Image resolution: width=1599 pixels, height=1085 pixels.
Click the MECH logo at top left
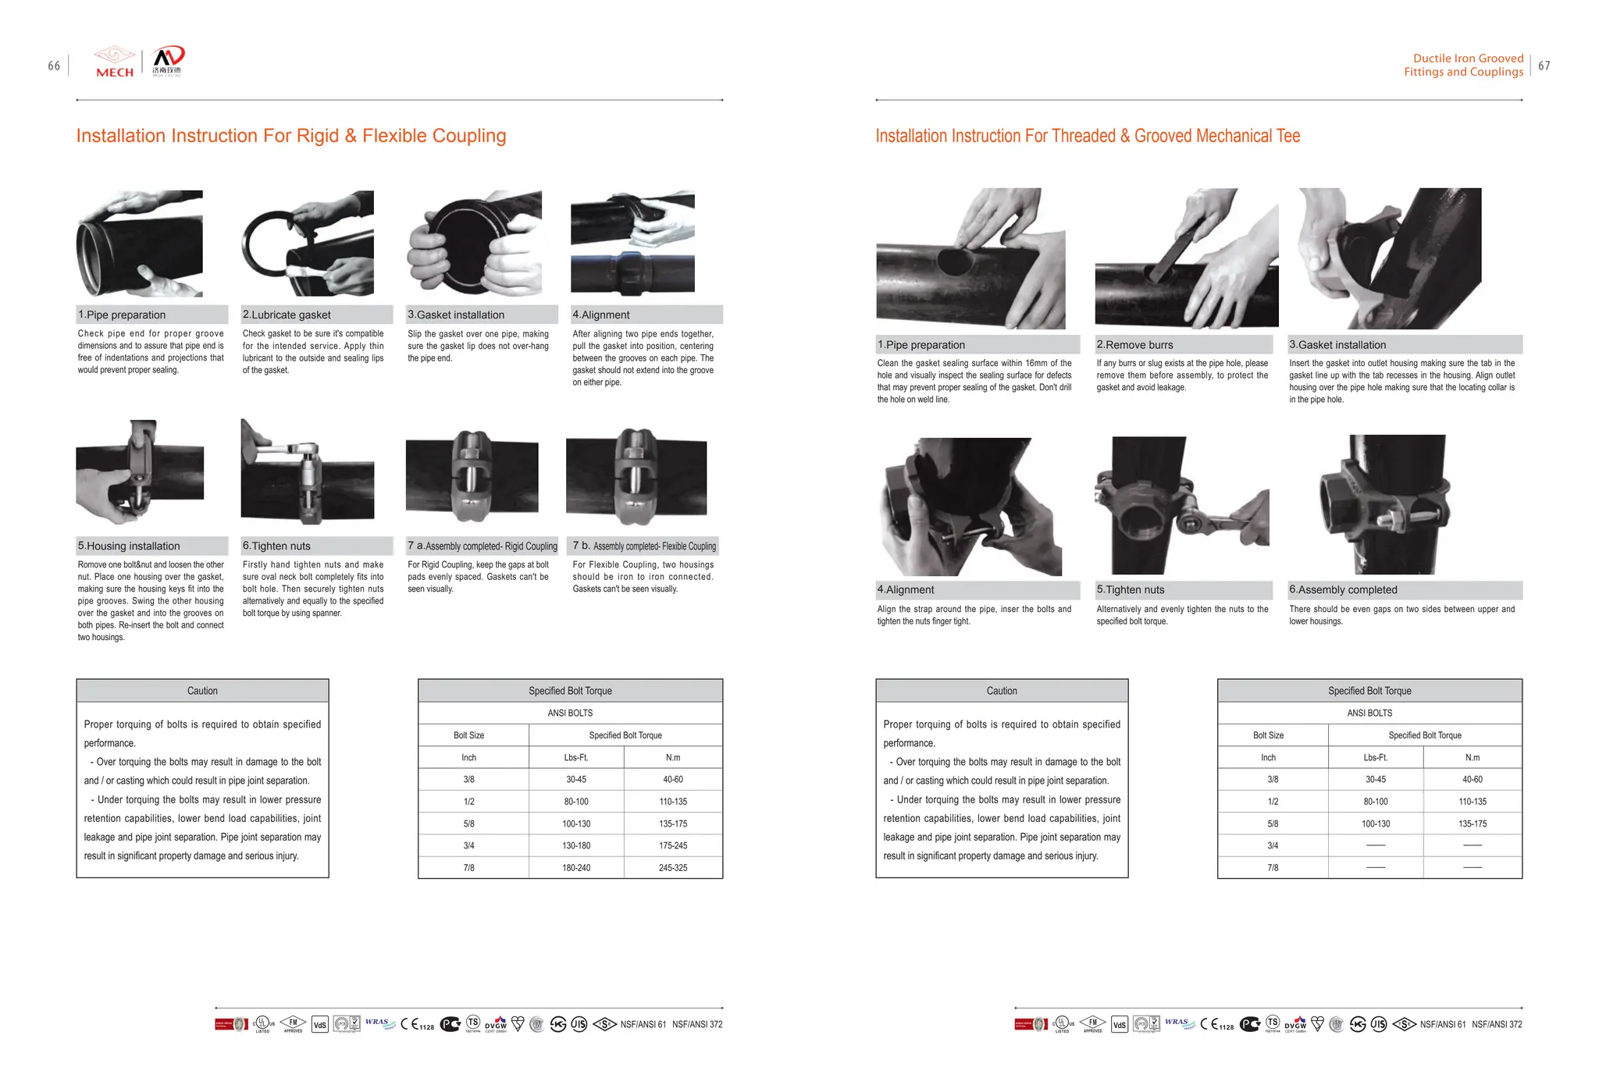(x=114, y=62)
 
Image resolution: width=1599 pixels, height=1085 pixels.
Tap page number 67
(x=1544, y=66)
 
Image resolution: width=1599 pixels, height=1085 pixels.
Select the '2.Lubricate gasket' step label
(x=287, y=315)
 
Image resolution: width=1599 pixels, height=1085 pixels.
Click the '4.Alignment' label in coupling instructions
(x=600, y=315)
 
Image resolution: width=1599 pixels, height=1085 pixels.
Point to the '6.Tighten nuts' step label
(x=276, y=546)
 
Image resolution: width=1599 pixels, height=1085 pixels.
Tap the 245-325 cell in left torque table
(x=672, y=867)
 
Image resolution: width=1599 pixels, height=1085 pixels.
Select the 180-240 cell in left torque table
(x=576, y=867)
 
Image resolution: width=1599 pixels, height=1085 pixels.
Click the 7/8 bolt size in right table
(x=1273, y=867)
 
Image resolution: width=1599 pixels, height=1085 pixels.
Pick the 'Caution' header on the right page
(x=1002, y=691)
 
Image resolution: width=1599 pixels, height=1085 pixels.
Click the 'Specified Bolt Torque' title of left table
(x=570, y=691)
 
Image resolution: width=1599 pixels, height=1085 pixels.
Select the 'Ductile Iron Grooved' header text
(x=1468, y=58)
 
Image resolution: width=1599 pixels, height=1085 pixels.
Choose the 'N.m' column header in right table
(x=1472, y=757)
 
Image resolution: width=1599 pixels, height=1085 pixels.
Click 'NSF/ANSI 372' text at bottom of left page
(x=696, y=1024)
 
